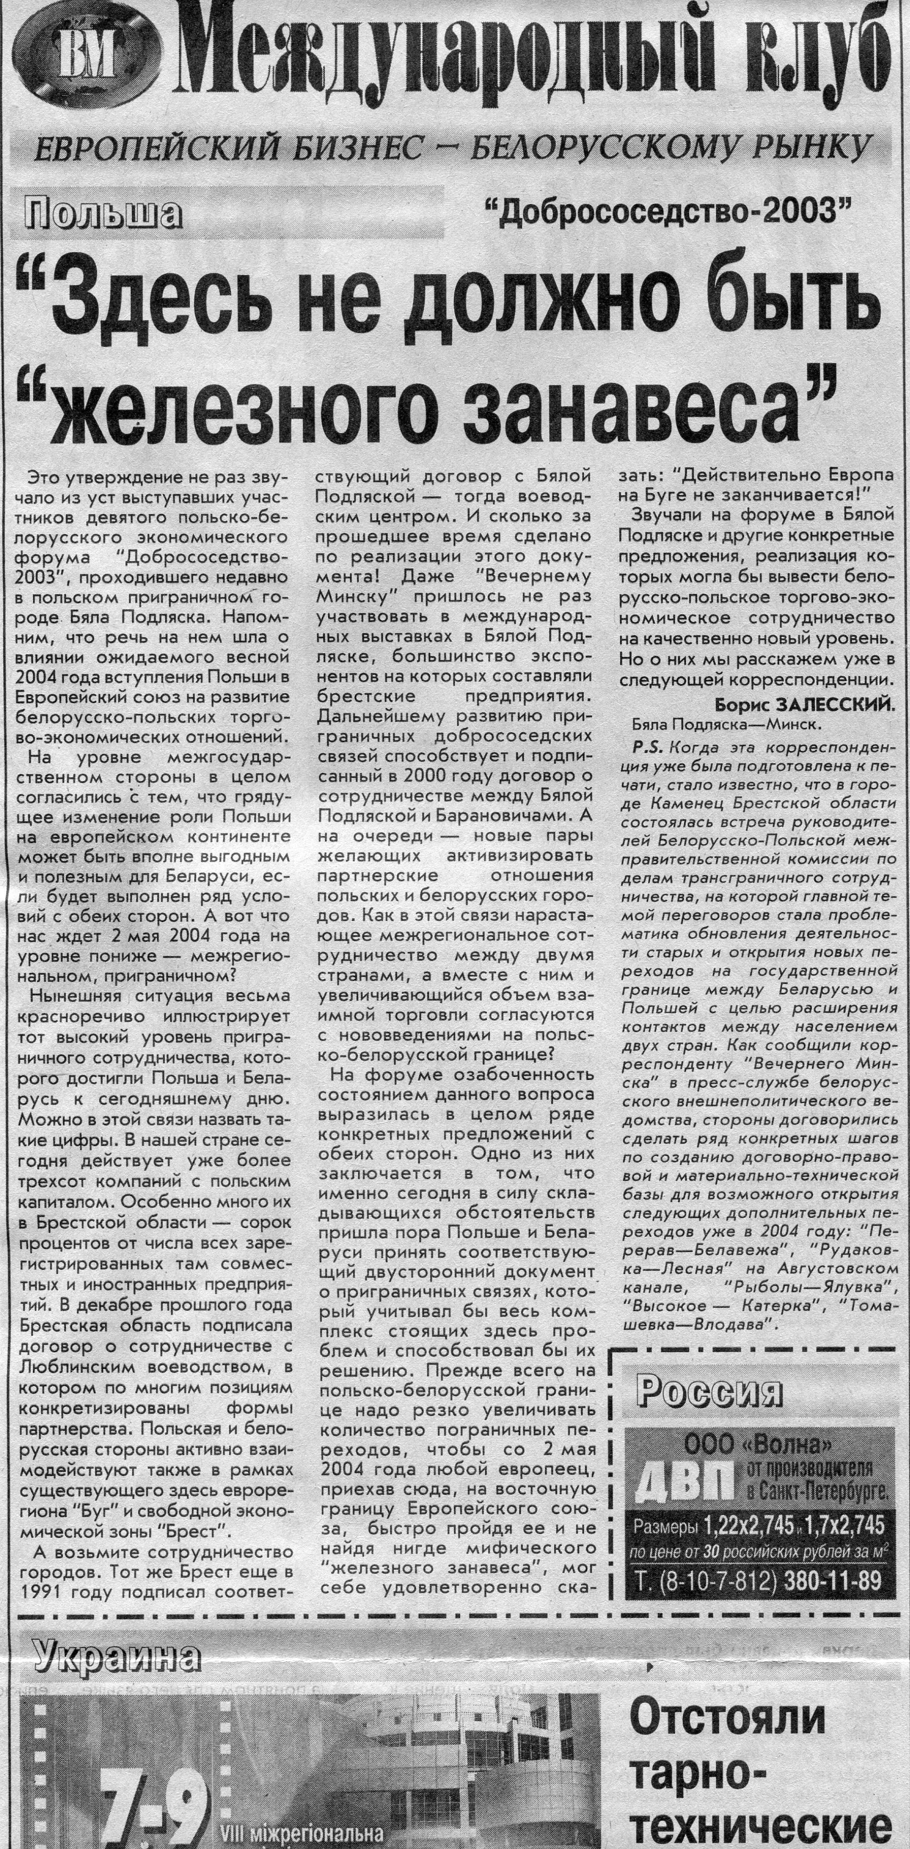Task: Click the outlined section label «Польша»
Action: pyautogui.click(x=102, y=214)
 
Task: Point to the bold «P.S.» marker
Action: pyautogui.click(x=643, y=746)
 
